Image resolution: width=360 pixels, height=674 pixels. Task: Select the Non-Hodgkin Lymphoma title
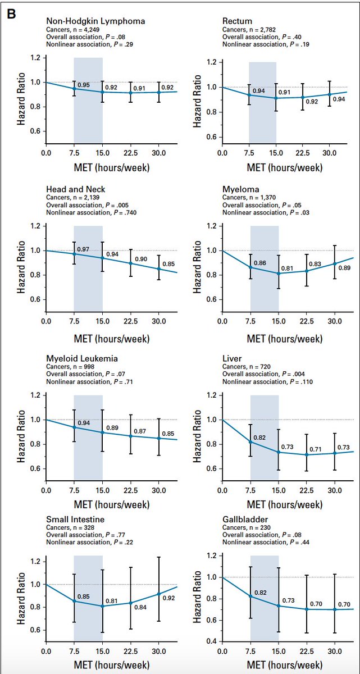tap(95, 21)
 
